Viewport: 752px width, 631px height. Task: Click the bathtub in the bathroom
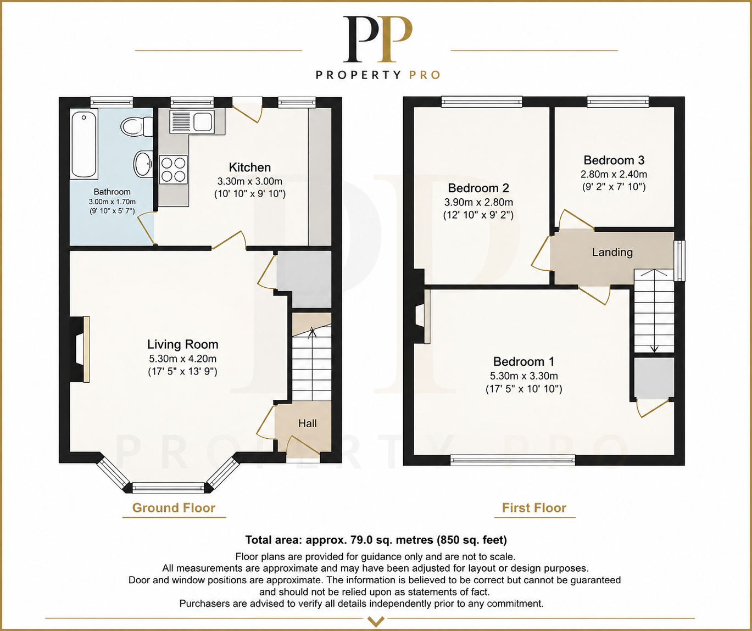tap(84, 144)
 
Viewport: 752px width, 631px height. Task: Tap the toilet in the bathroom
tap(137, 126)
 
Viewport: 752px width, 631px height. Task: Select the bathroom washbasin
tap(143, 164)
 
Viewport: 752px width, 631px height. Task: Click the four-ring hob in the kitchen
tap(174, 170)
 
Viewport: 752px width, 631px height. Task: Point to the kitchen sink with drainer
tap(192, 121)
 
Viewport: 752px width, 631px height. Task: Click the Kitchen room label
tap(250, 167)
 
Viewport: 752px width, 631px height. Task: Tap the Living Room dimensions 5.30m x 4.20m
tap(182, 359)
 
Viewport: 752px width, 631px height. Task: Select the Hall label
tap(308, 423)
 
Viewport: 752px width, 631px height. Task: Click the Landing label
tap(612, 252)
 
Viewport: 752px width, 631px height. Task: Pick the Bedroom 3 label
tap(614, 160)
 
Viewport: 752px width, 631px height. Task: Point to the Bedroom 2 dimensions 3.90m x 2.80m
tap(478, 202)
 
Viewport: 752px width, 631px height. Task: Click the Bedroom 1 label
tap(523, 361)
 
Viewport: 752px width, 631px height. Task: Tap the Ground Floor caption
tap(174, 508)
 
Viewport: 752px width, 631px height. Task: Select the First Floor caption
tap(534, 508)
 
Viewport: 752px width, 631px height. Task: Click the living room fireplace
tap(80, 349)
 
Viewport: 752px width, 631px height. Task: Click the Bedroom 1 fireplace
tap(421, 316)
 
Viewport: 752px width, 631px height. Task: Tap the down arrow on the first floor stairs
tap(654, 349)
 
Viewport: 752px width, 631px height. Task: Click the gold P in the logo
tap(396, 39)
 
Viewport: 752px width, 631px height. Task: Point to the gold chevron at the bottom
tap(376, 622)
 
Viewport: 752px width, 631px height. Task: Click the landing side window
tap(679, 261)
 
